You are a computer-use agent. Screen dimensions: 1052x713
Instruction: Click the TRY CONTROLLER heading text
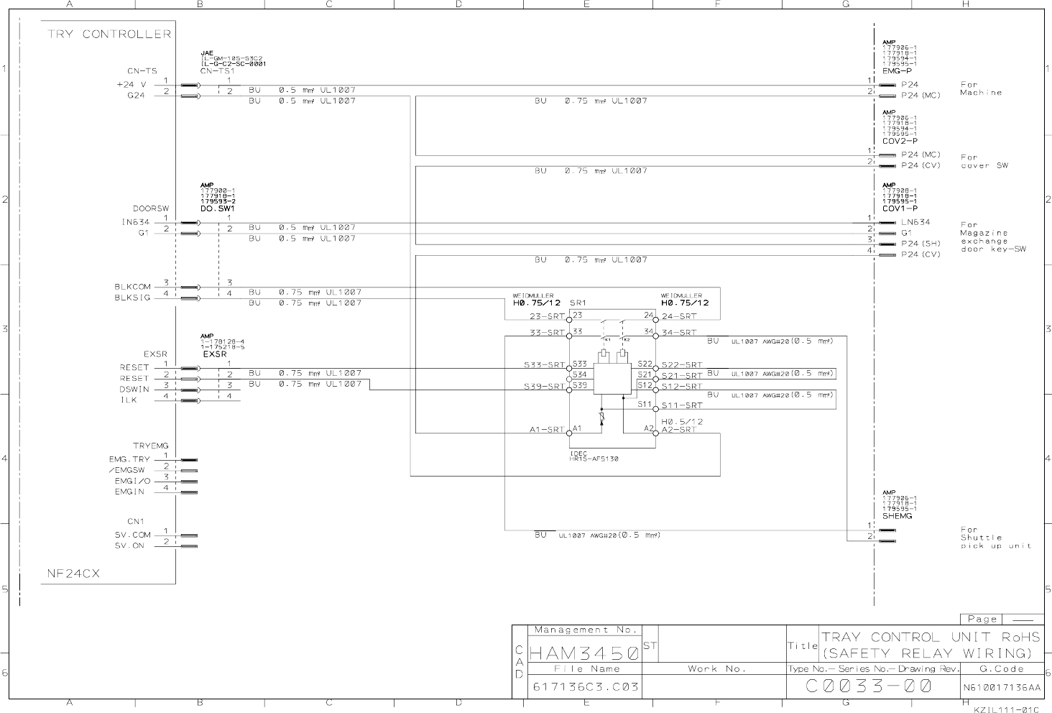point(109,34)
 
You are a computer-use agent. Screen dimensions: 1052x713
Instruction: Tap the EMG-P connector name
point(897,71)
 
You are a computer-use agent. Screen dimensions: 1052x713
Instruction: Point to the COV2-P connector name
point(900,141)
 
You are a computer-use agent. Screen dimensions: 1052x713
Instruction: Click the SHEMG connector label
point(898,516)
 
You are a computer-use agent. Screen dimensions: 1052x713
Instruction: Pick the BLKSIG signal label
point(132,298)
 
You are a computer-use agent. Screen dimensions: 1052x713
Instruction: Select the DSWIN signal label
point(134,389)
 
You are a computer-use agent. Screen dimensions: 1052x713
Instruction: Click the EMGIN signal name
point(129,492)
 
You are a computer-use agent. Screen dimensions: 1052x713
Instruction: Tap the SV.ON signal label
point(129,546)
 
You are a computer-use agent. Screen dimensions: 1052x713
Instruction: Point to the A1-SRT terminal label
point(547,430)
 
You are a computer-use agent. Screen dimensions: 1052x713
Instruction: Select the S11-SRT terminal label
point(682,406)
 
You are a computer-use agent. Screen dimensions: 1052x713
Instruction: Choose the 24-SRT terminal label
point(679,316)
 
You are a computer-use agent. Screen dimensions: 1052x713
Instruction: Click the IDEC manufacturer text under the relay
point(578,454)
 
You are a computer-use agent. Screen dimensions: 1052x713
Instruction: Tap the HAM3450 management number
point(583,653)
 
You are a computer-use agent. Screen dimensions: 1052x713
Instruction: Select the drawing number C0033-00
point(869,686)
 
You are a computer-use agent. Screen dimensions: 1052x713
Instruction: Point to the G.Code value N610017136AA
point(1001,687)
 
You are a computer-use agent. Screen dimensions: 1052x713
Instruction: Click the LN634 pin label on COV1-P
point(915,222)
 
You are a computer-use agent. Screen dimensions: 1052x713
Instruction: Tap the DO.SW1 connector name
point(217,208)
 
